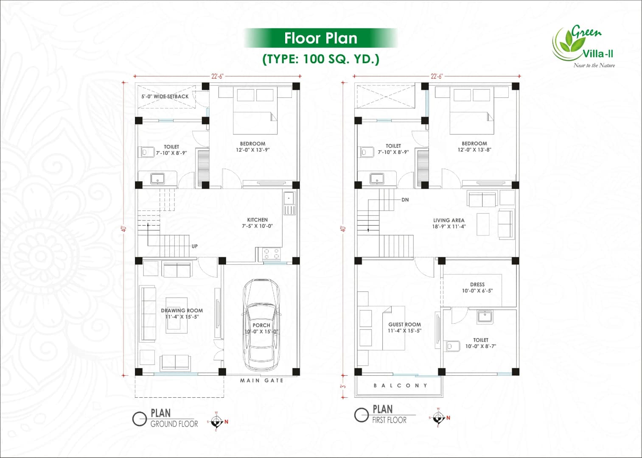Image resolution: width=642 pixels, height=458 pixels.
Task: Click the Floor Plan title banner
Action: [x=320, y=38]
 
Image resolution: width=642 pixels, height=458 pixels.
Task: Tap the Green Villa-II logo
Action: [x=583, y=46]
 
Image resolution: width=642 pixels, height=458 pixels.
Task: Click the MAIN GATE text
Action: [x=261, y=380]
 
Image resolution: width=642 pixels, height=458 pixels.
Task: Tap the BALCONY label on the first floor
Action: [x=400, y=385]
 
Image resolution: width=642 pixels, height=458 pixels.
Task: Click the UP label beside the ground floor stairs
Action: [x=194, y=246]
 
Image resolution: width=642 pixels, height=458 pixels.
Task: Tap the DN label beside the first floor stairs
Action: [x=405, y=200]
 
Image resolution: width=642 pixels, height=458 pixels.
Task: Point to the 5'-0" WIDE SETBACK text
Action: [x=165, y=97]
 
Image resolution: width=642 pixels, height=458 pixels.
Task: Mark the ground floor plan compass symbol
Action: [x=217, y=421]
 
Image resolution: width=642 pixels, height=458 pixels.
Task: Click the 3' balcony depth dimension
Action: [x=343, y=386]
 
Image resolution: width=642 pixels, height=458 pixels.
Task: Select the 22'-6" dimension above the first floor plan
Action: [x=436, y=76]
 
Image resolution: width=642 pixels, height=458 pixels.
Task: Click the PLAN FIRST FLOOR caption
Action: [x=389, y=414]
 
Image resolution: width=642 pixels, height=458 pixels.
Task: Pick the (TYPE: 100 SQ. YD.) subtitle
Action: [x=321, y=59]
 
